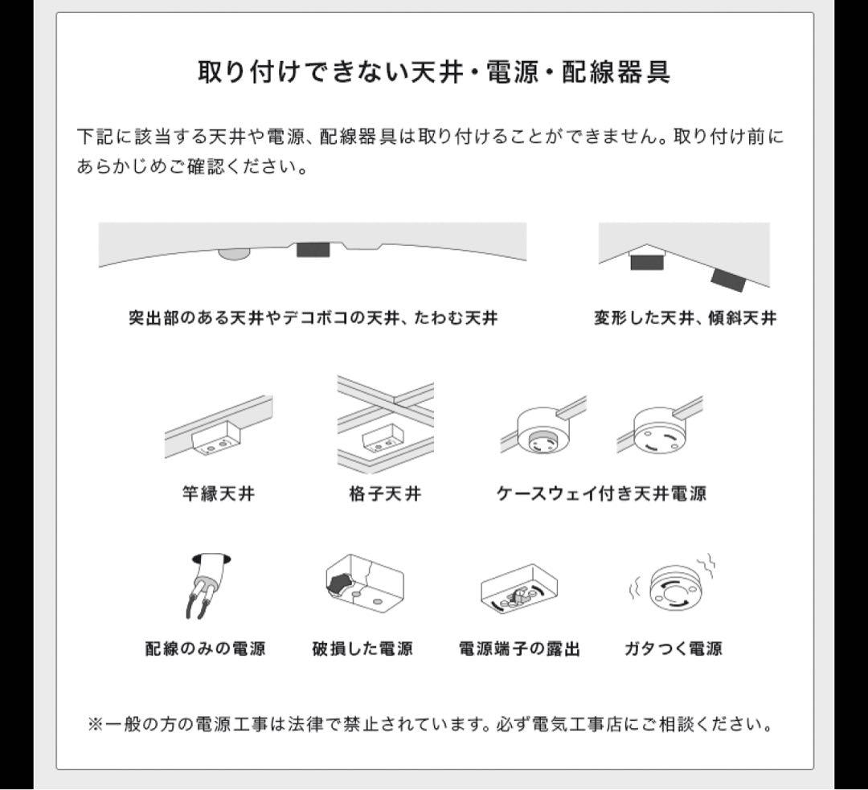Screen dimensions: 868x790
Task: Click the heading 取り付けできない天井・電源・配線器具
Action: (434, 72)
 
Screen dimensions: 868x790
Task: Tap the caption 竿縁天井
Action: (219, 493)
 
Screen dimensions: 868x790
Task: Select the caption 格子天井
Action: (385, 493)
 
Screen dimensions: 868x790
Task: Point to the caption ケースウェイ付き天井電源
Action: (601, 493)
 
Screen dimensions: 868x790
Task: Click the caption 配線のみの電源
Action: (206, 648)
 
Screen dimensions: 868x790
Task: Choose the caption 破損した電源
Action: (362, 648)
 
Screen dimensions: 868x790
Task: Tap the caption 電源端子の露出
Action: (519, 648)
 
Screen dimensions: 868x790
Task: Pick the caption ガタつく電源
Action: (674, 648)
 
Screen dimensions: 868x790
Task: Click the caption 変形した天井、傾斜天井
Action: (685, 317)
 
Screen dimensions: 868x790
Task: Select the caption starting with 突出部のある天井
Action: (313, 317)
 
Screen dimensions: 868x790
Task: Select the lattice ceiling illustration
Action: (386, 424)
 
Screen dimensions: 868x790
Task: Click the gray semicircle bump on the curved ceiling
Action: (234, 253)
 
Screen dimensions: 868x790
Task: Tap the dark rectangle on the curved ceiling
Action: (313, 250)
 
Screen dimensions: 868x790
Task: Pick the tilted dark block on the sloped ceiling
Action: (727, 280)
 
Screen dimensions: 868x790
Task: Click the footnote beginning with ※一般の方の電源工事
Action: (429, 724)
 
